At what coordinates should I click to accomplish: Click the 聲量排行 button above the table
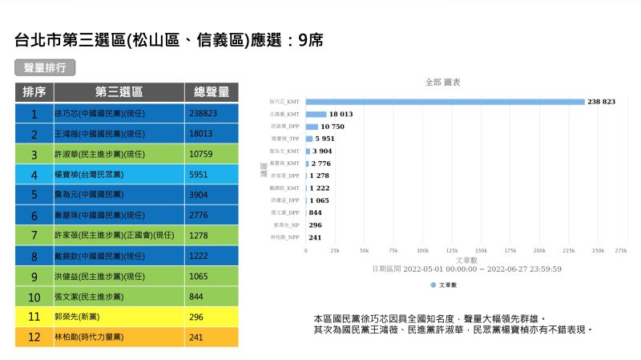[x=45, y=67]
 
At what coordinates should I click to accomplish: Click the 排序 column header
[x=34, y=91]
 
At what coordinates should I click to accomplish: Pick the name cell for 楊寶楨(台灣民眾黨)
[x=119, y=174]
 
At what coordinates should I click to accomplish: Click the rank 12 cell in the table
[x=34, y=337]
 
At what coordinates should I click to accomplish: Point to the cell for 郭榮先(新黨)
[x=119, y=317]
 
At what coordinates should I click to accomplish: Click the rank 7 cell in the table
[x=34, y=235]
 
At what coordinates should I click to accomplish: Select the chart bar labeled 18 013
[x=316, y=114]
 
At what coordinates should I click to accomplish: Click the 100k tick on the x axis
[x=423, y=251]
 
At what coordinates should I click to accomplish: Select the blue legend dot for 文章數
[x=433, y=285]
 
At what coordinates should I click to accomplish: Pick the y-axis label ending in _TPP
[x=286, y=139]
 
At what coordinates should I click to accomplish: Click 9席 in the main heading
[x=311, y=40]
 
